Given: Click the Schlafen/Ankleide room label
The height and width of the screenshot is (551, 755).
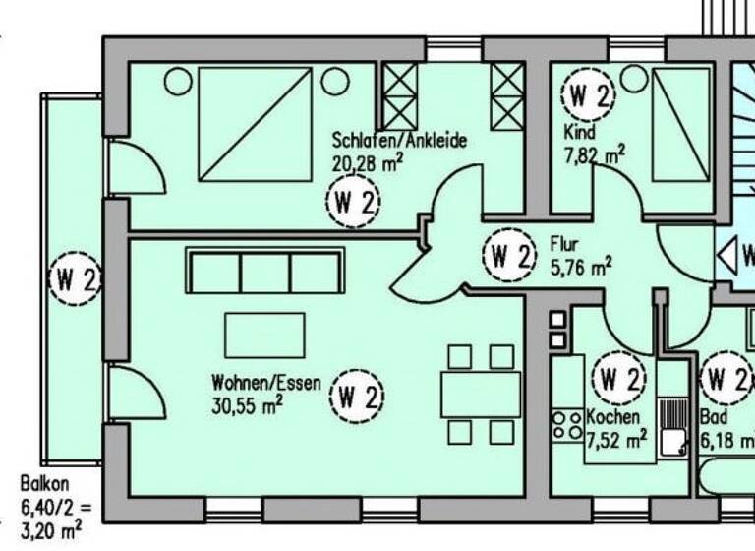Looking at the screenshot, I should (x=399, y=141).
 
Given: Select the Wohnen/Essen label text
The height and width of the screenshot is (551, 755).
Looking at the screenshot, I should (x=265, y=383).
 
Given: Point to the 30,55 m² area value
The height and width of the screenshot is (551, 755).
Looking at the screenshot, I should (x=246, y=404).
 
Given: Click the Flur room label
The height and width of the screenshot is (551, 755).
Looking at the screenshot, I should (x=564, y=244).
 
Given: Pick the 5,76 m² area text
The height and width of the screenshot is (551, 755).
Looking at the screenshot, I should (x=581, y=265).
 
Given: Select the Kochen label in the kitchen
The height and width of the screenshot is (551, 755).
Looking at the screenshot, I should (x=613, y=417).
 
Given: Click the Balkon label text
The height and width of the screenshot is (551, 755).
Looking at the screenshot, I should (x=43, y=484).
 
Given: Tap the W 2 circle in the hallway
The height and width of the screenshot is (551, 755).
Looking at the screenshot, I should (x=509, y=258).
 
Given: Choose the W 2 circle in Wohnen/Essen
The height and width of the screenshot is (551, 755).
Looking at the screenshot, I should (x=356, y=398).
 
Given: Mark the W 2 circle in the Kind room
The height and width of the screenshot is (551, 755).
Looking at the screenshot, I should (x=588, y=95).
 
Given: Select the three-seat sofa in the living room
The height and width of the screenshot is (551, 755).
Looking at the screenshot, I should (x=265, y=272).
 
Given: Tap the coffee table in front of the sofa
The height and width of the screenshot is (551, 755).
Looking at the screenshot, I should (x=264, y=335).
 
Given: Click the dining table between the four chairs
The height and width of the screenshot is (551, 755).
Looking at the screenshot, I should (x=481, y=395).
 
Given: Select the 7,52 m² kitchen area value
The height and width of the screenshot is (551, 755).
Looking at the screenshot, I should (x=617, y=437).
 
